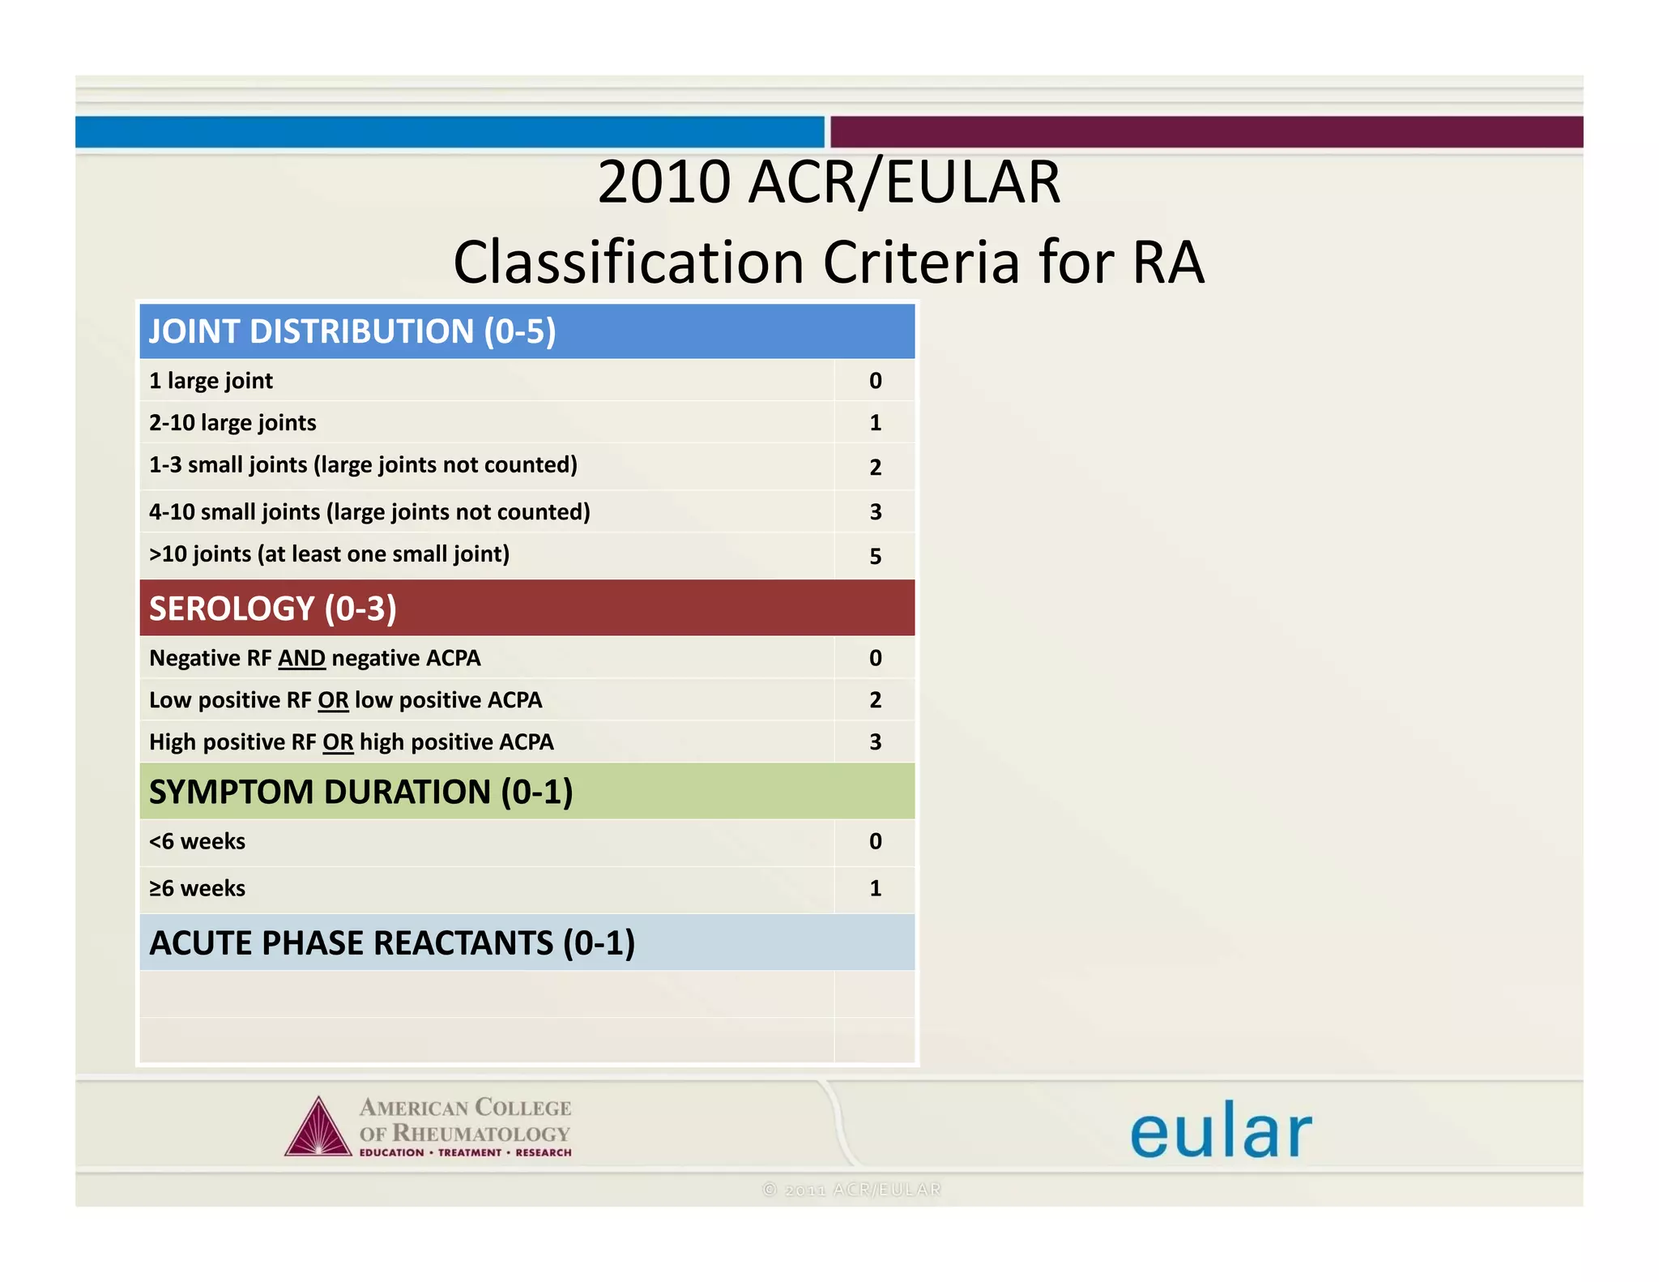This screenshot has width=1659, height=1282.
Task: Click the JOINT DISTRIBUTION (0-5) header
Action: [x=352, y=331]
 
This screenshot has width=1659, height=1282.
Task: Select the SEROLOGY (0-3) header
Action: [x=273, y=609]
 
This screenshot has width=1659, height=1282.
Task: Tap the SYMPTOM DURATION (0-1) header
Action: [x=360, y=792]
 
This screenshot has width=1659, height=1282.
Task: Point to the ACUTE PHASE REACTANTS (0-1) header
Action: [x=392, y=942]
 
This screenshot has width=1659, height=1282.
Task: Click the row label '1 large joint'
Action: [x=211, y=381]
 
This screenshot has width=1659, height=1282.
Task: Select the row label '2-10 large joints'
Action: [x=232, y=423]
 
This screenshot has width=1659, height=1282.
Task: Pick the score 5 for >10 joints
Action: [x=875, y=556]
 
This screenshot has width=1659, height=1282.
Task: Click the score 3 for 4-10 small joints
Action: [x=875, y=512]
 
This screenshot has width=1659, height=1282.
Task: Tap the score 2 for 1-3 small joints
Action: [x=875, y=467]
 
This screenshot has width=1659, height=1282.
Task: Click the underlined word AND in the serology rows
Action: [x=301, y=658]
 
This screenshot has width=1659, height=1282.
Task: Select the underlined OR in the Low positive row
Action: [x=333, y=700]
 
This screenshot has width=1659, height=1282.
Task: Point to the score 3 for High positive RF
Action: [x=875, y=742]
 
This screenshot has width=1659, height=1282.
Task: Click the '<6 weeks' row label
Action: [x=197, y=841]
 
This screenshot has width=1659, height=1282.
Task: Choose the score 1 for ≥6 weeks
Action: [x=875, y=888]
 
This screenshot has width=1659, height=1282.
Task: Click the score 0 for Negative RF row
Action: [x=875, y=658]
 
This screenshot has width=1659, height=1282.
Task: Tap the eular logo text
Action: [x=1220, y=1131]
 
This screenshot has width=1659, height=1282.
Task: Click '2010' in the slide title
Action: [x=664, y=182]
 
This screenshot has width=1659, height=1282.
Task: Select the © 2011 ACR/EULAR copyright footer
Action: [x=851, y=1190]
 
